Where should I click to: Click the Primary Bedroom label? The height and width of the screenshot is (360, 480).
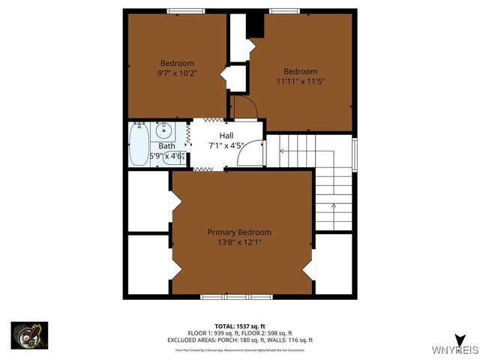pos(239,232)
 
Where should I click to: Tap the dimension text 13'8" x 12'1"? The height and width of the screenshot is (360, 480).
pos(239,242)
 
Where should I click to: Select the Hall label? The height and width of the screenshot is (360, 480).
pos(226,136)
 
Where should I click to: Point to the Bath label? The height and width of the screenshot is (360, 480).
pos(166,146)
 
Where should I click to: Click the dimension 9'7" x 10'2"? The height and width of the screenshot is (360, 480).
pos(177,73)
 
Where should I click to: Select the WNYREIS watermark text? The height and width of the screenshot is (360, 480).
pos(455,350)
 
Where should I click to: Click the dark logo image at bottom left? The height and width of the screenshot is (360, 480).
pos(29,334)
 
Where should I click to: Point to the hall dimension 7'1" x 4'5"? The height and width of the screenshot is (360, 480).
pos(226,145)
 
